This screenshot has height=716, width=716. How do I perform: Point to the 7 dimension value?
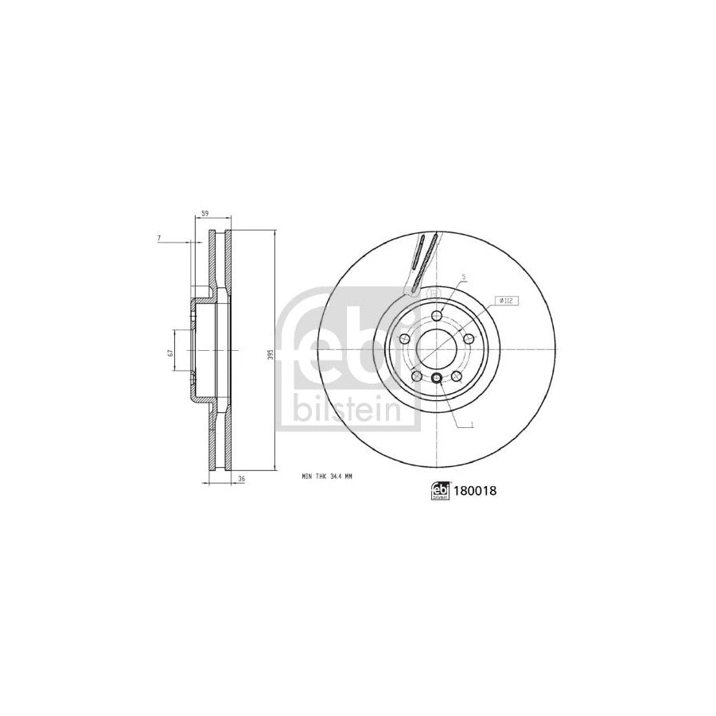point(160,238)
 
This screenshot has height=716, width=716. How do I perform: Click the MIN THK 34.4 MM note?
point(326,476)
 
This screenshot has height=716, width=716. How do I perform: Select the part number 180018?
point(476,492)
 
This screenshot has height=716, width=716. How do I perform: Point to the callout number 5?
point(463,277)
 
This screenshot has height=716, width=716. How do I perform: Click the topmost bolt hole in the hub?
point(436,317)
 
